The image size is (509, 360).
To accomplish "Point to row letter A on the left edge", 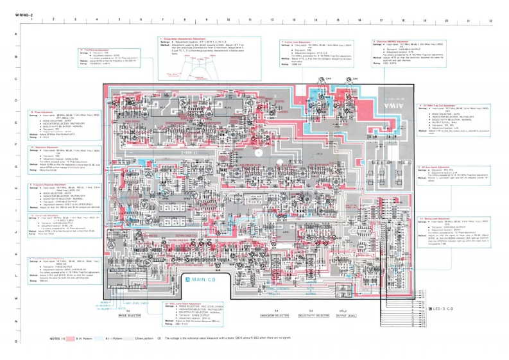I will (x=6, y=34).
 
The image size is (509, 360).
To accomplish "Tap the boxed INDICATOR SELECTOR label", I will (x=275, y=316).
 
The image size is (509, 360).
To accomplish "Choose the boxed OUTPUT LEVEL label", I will (x=347, y=316).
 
